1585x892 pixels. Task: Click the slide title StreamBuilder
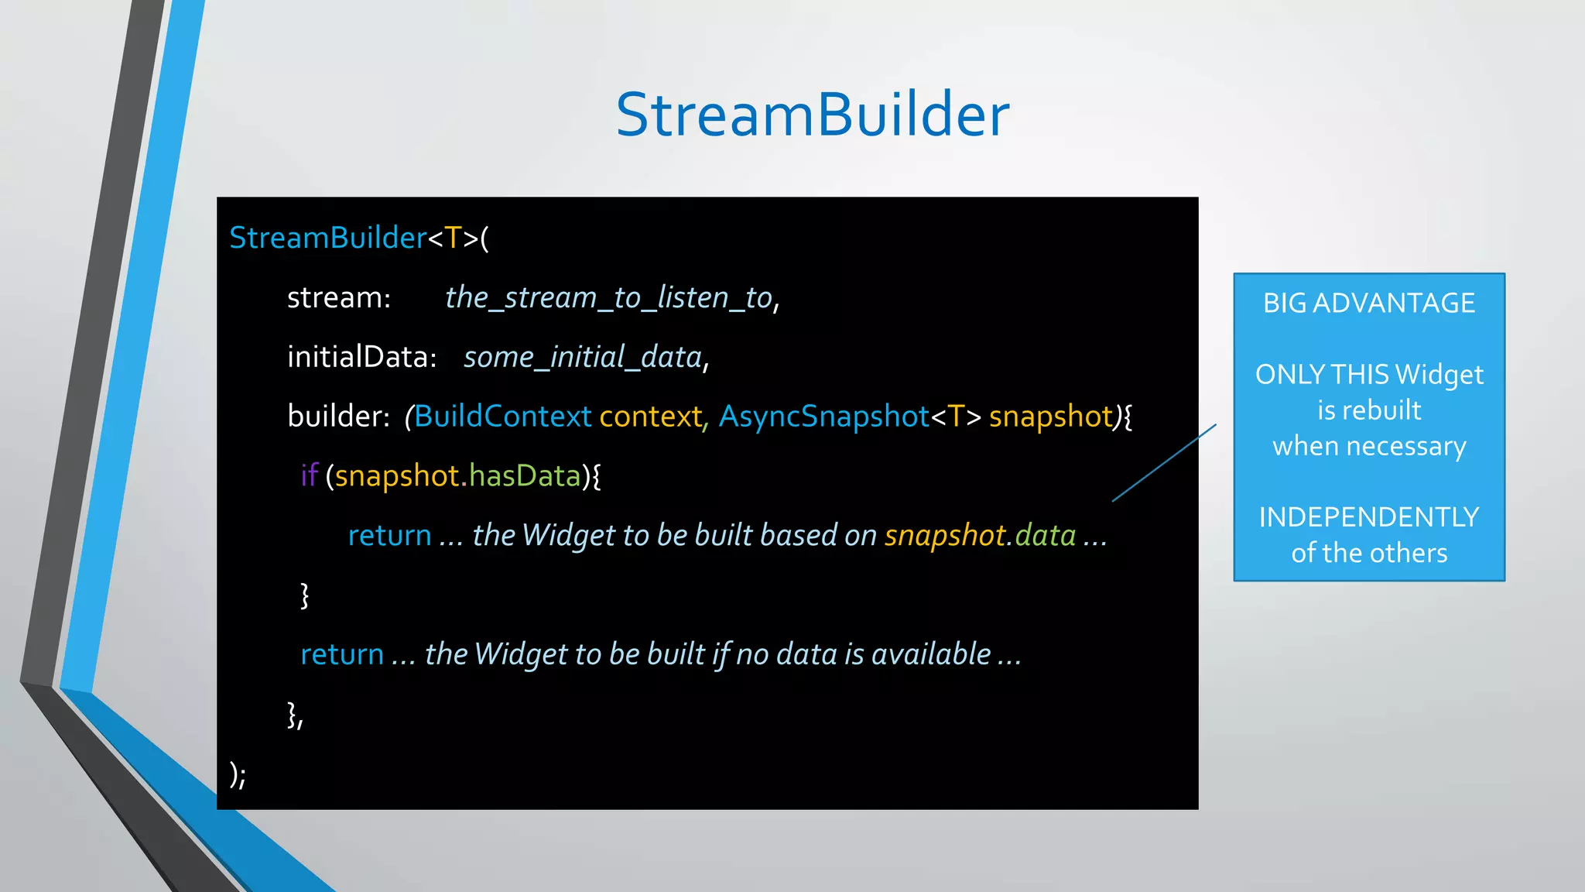(x=812, y=115)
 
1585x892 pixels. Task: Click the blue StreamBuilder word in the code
(x=327, y=238)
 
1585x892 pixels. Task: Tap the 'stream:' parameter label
(x=338, y=297)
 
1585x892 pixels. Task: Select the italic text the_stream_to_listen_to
(x=609, y=297)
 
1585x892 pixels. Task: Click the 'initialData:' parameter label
(x=361, y=357)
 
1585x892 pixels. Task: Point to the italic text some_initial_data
(x=583, y=357)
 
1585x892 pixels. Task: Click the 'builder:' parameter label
(x=337, y=417)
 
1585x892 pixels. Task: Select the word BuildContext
(x=502, y=417)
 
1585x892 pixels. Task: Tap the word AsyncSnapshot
(x=823, y=417)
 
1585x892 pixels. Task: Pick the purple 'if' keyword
(x=309, y=475)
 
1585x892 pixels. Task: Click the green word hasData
(x=524, y=475)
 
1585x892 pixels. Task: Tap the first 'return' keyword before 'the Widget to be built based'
(x=389, y=535)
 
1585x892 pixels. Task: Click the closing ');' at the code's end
(x=238, y=774)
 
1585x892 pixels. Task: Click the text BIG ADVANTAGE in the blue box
(x=1368, y=303)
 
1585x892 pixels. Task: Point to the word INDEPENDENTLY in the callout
(x=1368, y=516)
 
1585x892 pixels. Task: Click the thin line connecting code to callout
(x=1164, y=463)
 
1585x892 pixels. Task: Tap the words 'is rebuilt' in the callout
(x=1368, y=410)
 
